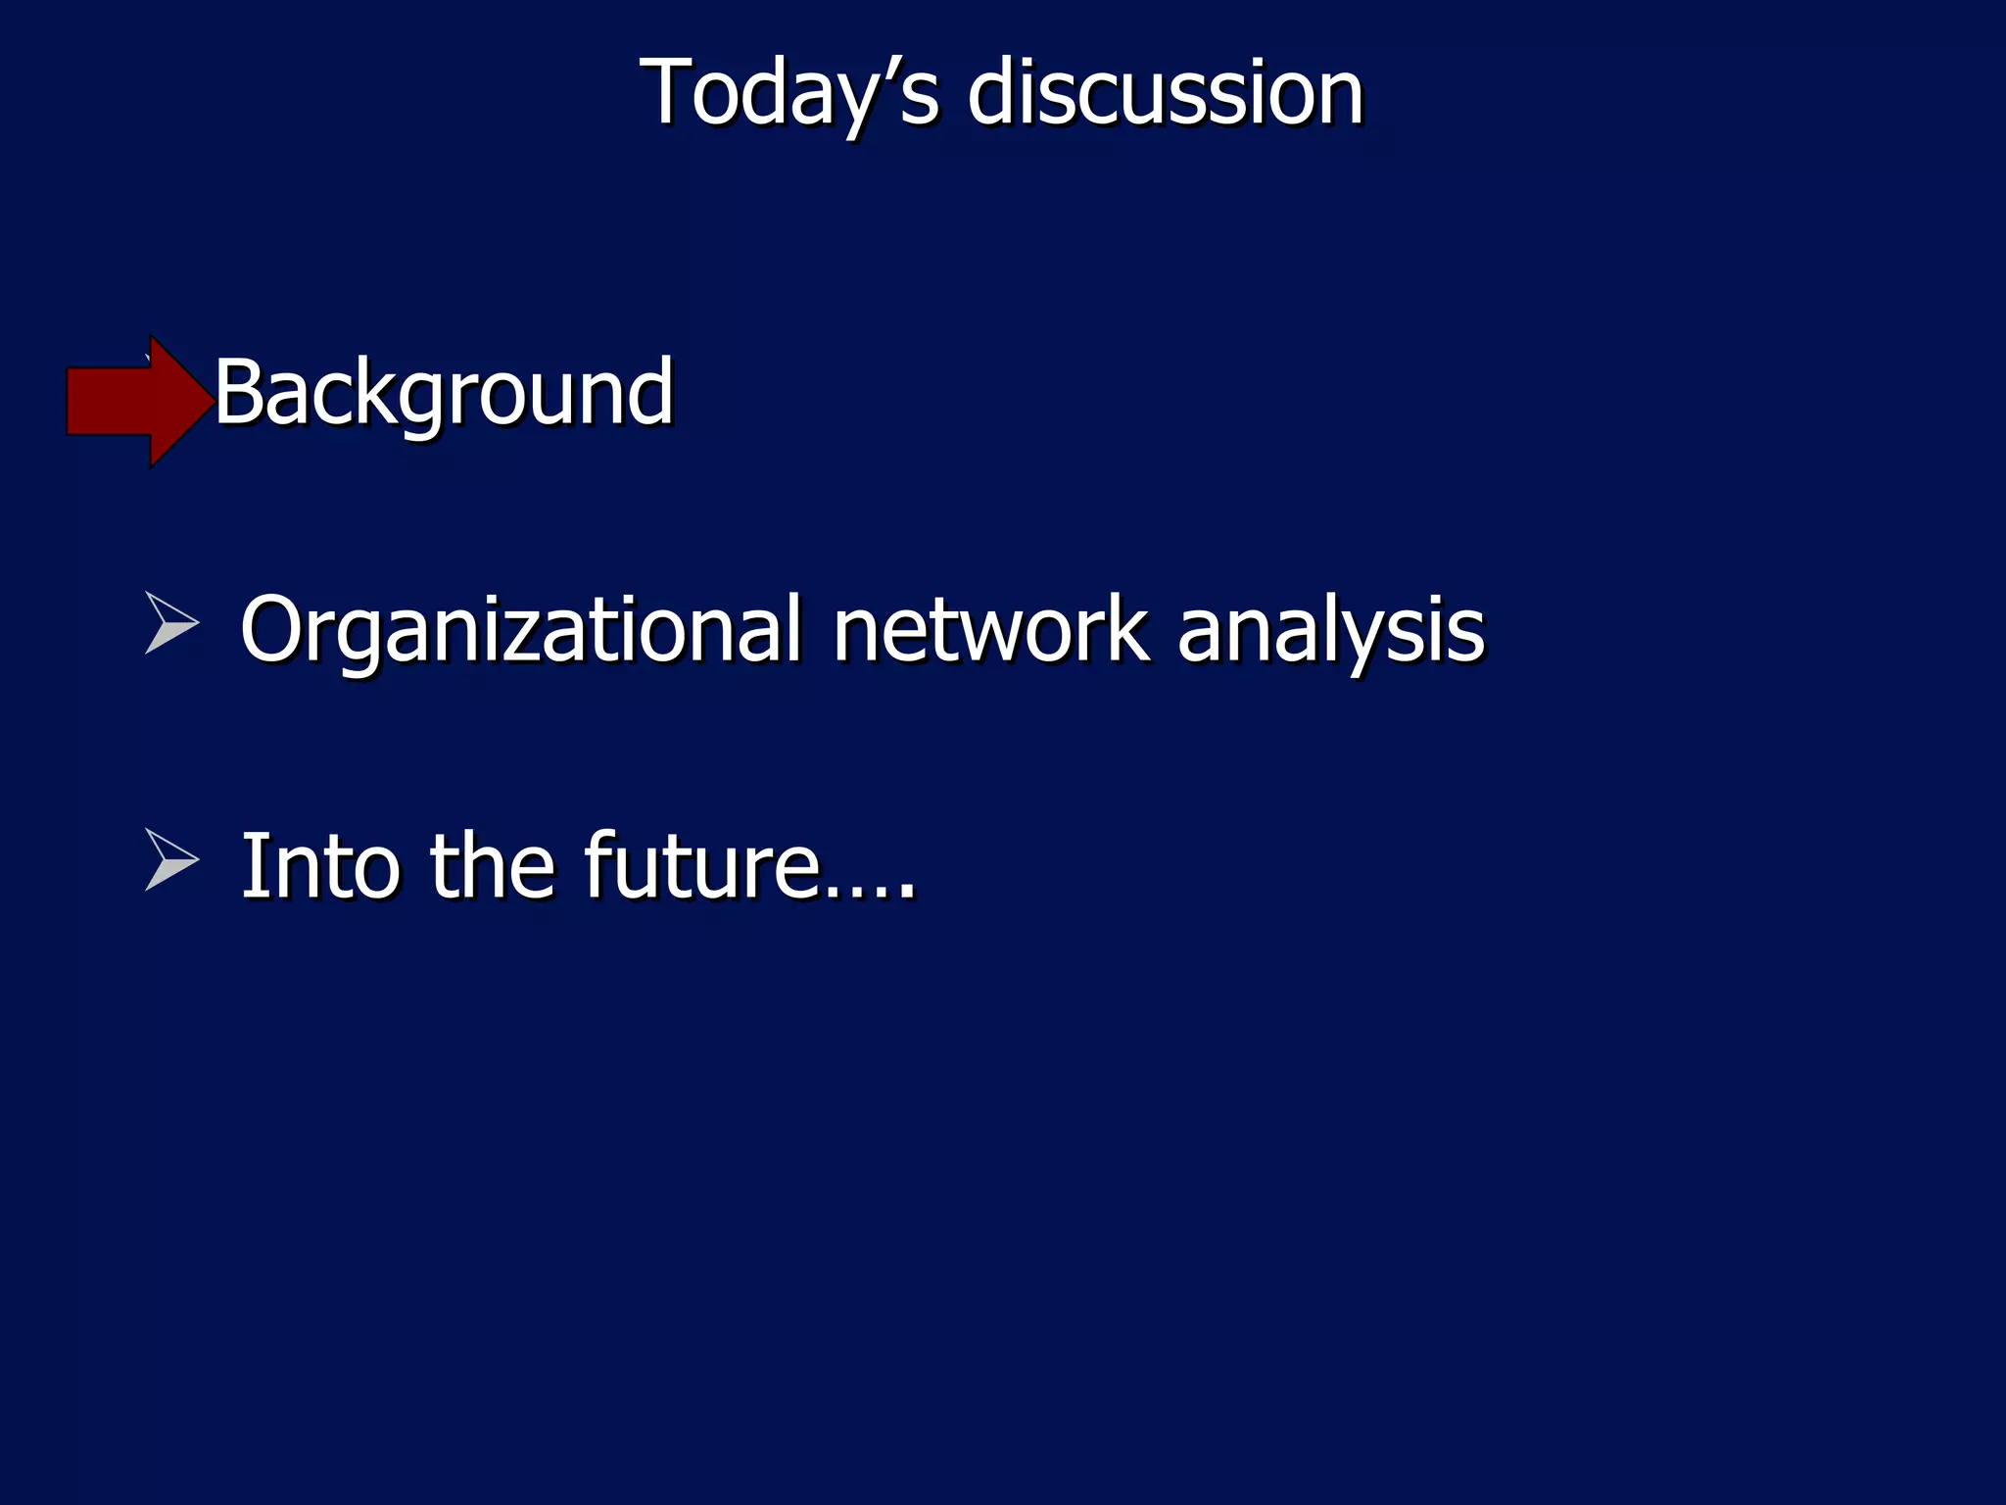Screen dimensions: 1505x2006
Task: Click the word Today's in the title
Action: [789, 93]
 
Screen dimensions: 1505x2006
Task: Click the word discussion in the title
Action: [1165, 93]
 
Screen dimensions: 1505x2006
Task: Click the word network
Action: [989, 630]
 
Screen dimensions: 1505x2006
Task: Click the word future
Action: [701, 866]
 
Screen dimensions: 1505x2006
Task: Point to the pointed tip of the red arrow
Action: [208, 401]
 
